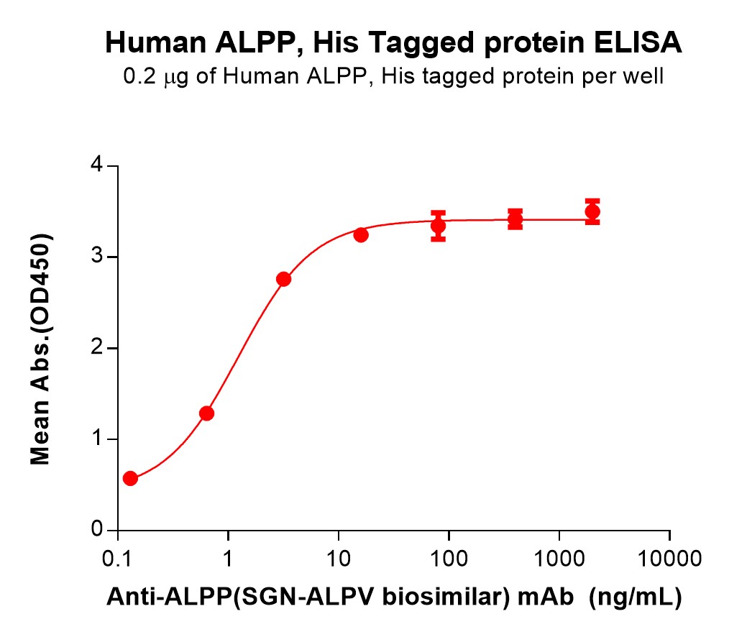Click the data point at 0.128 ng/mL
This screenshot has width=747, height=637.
click(x=130, y=478)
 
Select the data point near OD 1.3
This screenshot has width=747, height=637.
click(x=206, y=413)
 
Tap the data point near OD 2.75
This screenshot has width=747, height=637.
click(x=283, y=279)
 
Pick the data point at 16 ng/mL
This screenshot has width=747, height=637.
click(x=361, y=235)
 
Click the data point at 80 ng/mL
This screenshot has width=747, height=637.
click(x=438, y=226)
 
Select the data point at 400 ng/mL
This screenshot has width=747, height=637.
click(x=515, y=219)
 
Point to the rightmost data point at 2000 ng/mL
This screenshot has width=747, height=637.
click(x=592, y=211)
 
